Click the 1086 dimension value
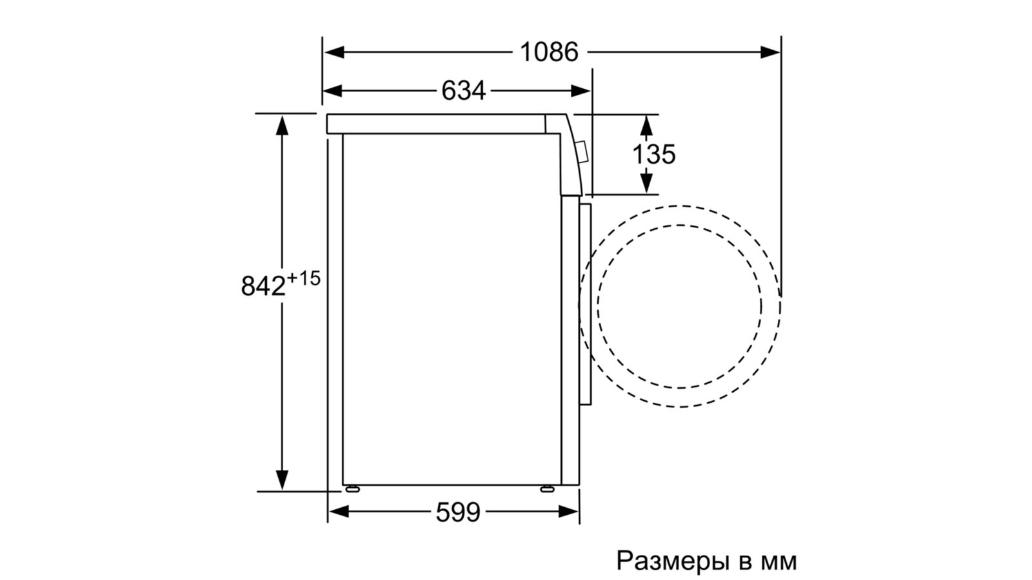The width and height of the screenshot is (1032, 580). click(549, 52)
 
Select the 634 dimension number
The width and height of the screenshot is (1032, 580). click(464, 91)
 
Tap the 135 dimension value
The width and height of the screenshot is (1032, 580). click(654, 154)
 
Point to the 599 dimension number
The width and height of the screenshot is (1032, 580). click(458, 512)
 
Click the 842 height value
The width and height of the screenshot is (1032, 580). click(263, 286)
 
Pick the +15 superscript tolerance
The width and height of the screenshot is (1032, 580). click(303, 278)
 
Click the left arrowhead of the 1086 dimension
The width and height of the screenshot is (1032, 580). click(334, 52)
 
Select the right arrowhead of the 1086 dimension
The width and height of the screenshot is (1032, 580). click(770, 52)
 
